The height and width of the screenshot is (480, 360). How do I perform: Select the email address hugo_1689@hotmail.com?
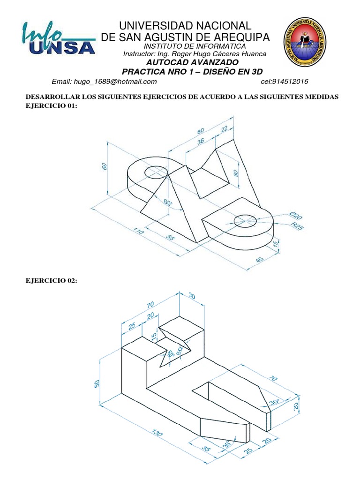tap(104, 82)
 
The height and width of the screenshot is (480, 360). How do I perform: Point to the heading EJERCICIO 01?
tap(50, 106)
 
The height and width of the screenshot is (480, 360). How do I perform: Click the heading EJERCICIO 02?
tap(51, 280)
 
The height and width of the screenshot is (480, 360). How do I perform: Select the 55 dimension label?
tap(171, 238)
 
